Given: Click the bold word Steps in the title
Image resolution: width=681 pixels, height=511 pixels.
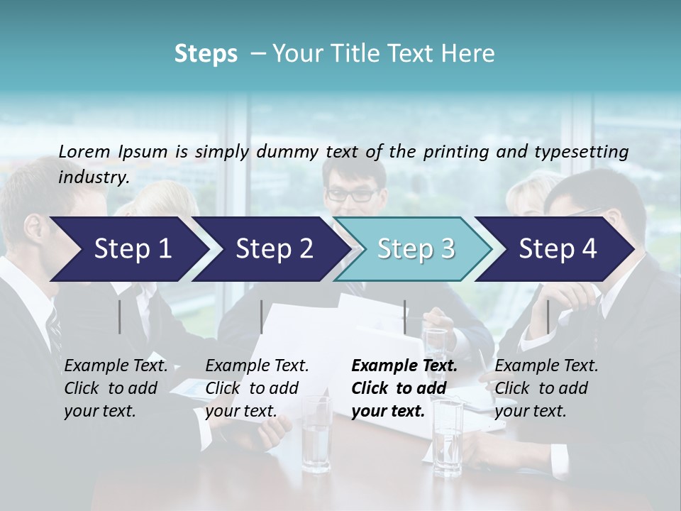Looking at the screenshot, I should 206,54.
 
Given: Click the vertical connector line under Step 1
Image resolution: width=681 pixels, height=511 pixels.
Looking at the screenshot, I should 120,317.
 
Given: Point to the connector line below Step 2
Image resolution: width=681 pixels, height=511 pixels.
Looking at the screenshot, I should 262,317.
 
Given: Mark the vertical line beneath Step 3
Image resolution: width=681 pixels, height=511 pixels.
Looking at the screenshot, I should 404,317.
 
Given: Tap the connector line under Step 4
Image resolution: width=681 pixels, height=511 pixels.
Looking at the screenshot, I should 548,317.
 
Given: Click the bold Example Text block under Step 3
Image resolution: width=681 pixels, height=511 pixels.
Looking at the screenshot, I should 404,388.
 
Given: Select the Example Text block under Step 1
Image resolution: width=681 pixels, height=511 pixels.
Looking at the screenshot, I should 116,388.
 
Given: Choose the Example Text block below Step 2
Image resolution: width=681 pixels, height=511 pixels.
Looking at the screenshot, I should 257,388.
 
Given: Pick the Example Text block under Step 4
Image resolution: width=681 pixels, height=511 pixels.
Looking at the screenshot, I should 546,388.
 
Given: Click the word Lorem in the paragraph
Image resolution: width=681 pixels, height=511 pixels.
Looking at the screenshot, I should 84,151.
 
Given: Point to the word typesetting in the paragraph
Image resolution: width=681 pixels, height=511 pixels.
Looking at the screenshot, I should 587,152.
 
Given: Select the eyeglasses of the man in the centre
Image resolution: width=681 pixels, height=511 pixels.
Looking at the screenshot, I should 353,193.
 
